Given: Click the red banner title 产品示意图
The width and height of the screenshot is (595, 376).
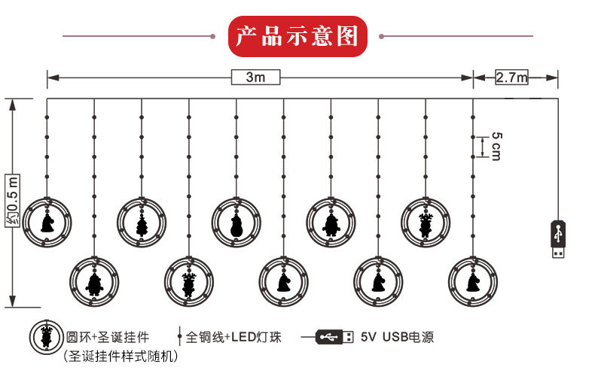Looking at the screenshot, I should [x=297, y=36].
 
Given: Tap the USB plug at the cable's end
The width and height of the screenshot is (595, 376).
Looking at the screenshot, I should [x=558, y=239].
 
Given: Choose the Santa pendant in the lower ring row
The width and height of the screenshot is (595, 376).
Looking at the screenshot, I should [x=94, y=281].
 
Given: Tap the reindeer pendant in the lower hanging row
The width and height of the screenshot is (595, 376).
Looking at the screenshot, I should [x=188, y=281].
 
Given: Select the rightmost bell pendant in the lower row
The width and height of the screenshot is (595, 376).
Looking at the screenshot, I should [x=473, y=281].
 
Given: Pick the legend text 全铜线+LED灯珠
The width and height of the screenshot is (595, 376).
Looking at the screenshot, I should [x=233, y=337].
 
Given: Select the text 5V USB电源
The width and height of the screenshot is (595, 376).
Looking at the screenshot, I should [x=397, y=337].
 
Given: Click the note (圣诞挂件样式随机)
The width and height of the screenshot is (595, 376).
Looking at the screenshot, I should [x=121, y=356].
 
